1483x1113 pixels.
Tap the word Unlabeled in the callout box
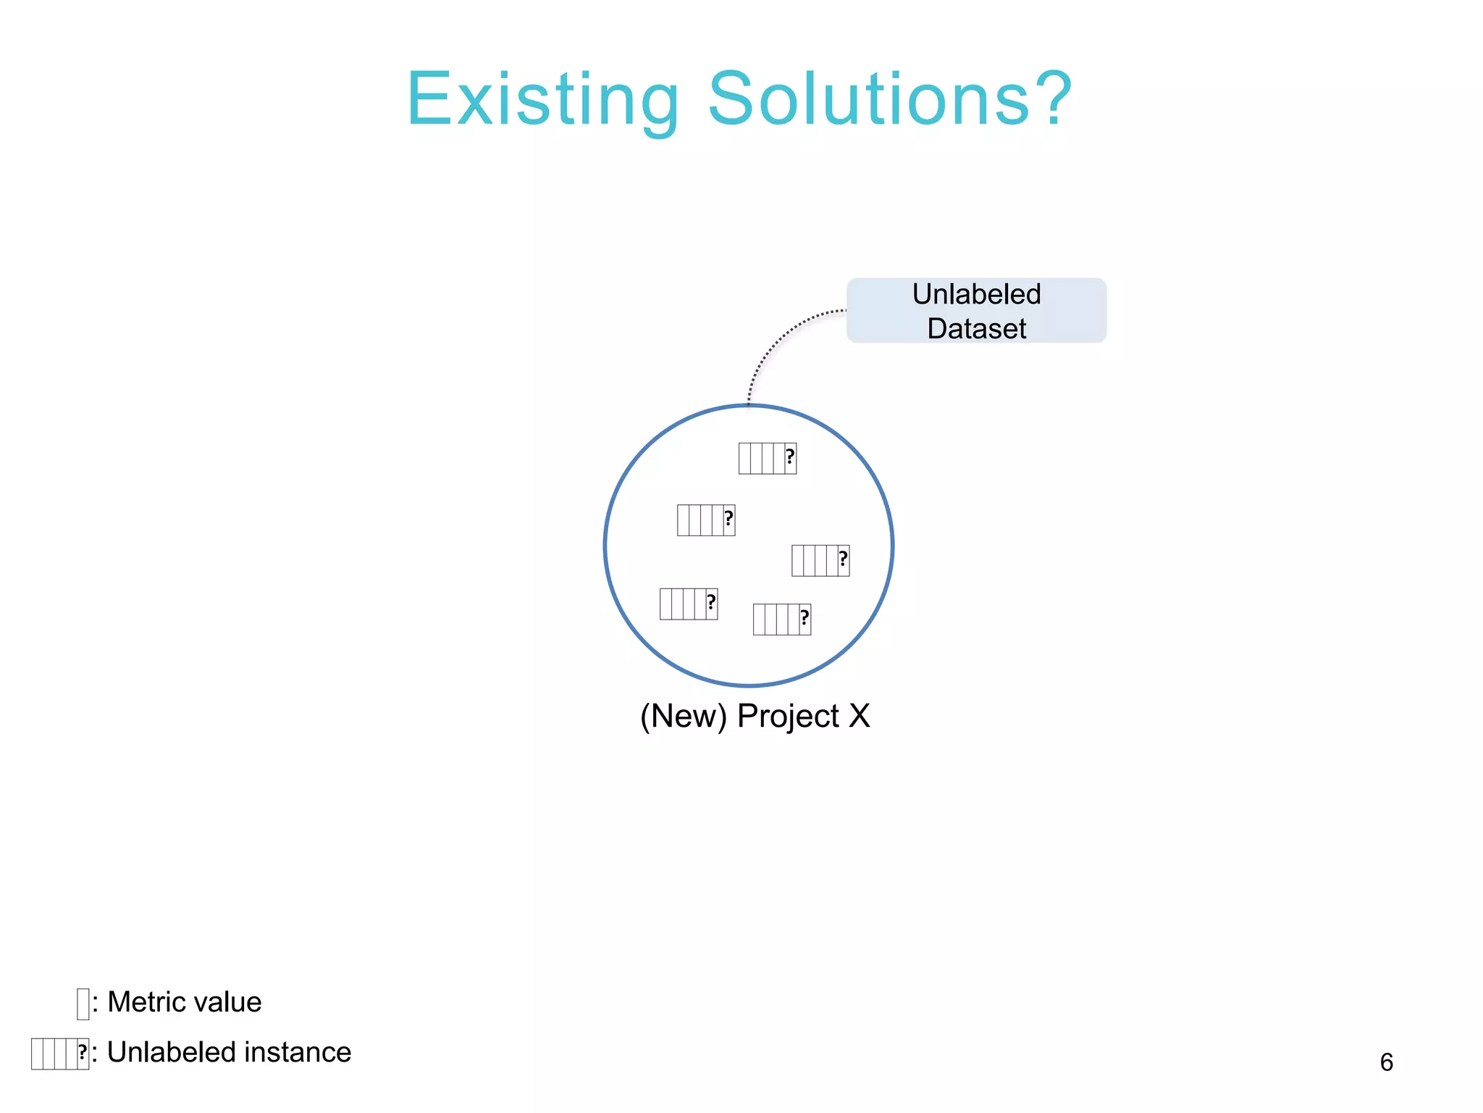[976, 294]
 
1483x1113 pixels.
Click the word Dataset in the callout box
[976, 329]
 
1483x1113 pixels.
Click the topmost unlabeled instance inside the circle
[768, 459]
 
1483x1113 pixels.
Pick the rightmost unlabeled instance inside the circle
[820, 561]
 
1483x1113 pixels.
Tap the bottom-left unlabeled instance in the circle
[689, 604]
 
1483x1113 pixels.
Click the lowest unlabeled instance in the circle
[782, 620]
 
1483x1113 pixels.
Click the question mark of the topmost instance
[790, 457]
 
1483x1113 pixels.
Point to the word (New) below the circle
[683, 716]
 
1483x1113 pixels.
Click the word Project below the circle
[788, 716]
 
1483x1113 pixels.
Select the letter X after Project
[859, 716]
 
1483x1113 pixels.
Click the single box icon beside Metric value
[83, 1004]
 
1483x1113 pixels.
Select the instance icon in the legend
[60, 1054]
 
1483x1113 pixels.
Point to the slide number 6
[1386, 1062]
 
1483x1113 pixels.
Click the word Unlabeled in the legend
[172, 1052]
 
